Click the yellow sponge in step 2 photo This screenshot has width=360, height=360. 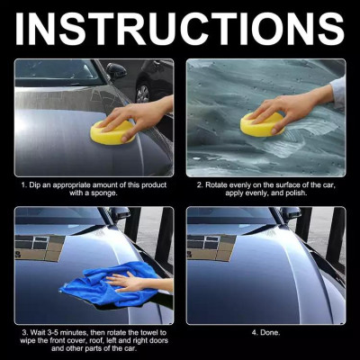[262, 124]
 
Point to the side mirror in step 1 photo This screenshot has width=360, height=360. [116, 70]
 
